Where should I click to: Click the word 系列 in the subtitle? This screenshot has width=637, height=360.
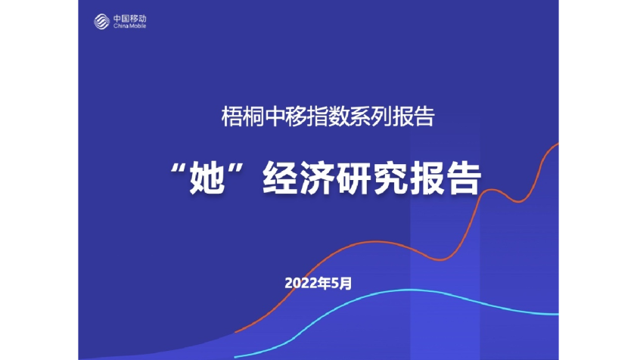coord(368,117)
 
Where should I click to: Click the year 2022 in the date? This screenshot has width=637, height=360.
coord(301,284)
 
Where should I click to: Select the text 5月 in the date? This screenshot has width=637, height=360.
coord(341,284)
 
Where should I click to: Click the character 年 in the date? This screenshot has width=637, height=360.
coord(325,284)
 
